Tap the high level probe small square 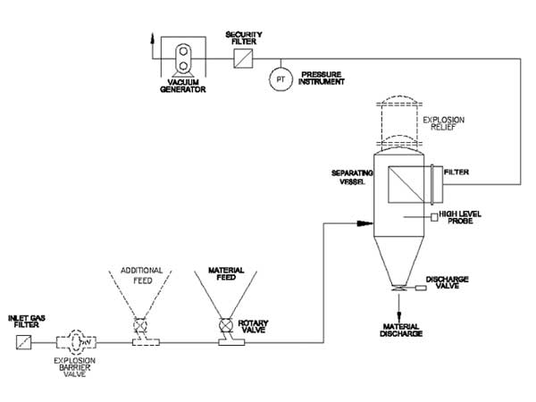pos(434,217)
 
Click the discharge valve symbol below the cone pos(395,288)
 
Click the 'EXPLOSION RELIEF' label pos(443,121)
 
